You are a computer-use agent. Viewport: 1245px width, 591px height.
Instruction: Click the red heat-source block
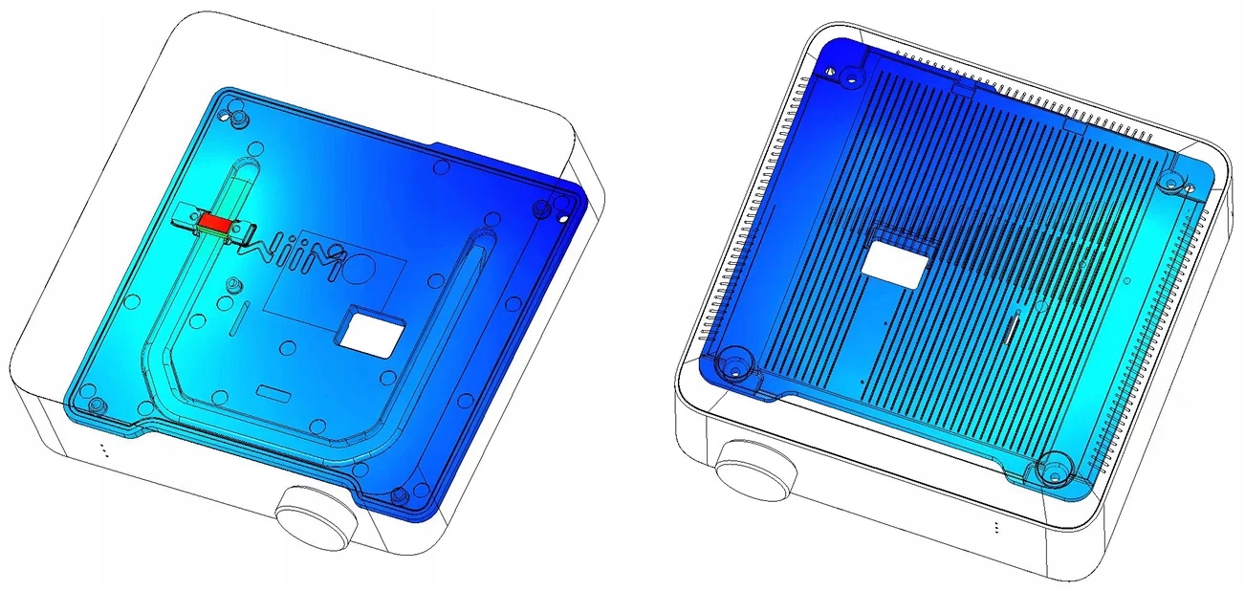point(216,224)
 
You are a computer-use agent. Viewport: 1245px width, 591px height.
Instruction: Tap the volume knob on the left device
point(317,517)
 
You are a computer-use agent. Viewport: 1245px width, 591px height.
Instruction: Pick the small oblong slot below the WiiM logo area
point(274,392)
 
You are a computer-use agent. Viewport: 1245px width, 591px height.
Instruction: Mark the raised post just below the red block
point(234,286)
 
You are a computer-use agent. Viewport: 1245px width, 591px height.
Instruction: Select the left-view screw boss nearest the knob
point(398,493)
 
